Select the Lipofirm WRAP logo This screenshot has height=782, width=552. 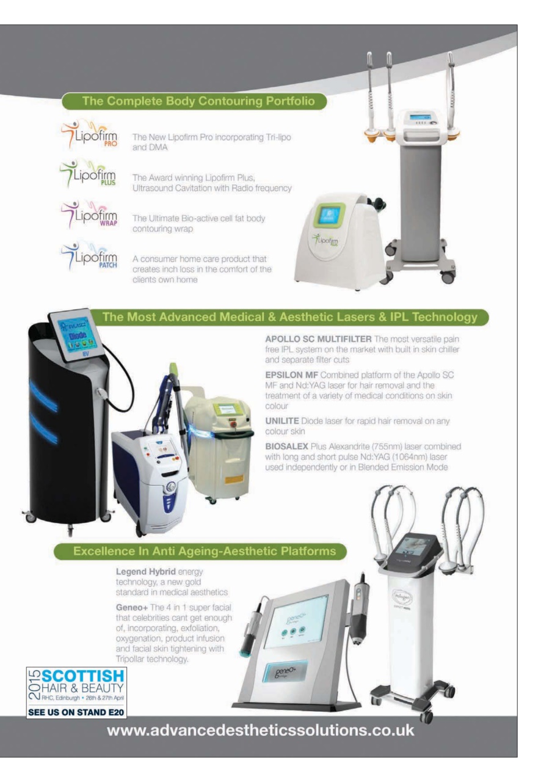click(x=89, y=214)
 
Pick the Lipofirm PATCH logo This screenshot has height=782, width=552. click(x=89, y=255)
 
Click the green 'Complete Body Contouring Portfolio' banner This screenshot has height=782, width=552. click(x=194, y=101)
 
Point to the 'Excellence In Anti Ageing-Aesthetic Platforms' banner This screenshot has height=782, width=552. click(x=200, y=551)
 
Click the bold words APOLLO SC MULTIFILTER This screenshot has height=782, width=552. click(x=318, y=339)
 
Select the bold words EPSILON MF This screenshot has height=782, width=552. click(x=291, y=375)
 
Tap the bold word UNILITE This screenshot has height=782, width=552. click(x=282, y=421)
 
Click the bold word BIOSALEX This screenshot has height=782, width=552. click(x=286, y=447)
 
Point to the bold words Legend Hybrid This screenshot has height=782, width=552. click(x=146, y=572)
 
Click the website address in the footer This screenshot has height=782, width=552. click(x=260, y=730)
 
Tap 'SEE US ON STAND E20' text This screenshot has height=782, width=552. click(x=76, y=712)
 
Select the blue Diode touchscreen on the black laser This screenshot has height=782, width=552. click(x=77, y=335)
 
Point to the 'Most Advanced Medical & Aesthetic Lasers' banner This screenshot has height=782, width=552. click(x=289, y=317)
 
